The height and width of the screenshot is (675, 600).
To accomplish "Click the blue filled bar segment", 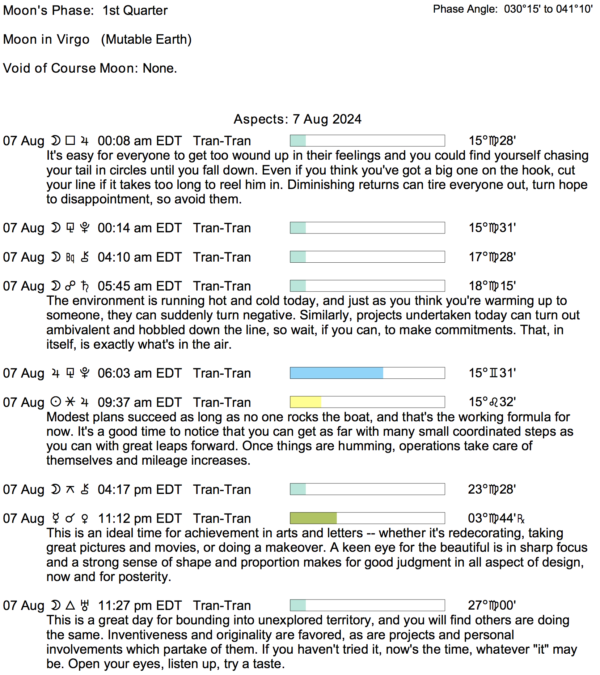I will pyautogui.click(x=337, y=373).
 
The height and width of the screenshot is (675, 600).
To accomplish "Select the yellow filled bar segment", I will pyautogui.click(x=306, y=402).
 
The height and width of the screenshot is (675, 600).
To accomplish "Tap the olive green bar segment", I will pyautogui.click(x=313, y=518).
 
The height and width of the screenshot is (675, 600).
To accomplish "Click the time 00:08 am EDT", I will pyautogui.click(x=139, y=141).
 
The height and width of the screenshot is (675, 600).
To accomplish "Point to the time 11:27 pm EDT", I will pyautogui.click(x=139, y=605).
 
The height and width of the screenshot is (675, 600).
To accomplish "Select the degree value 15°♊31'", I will pyautogui.click(x=492, y=373).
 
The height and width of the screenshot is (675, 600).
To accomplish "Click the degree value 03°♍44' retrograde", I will pyautogui.click(x=496, y=518).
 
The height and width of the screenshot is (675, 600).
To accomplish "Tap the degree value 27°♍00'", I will pyautogui.click(x=492, y=605).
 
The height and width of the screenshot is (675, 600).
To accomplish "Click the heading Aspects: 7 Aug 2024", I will pyautogui.click(x=297, y=119).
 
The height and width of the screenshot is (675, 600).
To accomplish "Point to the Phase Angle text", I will pyautogui.click(x=512, y=9).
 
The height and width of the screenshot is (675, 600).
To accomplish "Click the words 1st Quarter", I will pyautogui.click(x=135, y=10).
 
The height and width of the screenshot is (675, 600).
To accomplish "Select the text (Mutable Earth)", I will pyautogui.click(x=146, y=39).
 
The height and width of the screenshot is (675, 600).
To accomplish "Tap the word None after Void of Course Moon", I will pyautogui.click(x=160, y=68).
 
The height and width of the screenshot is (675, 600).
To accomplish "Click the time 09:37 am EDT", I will pyautogui.click(x=139, y=402).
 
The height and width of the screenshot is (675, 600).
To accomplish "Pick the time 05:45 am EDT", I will pyautogui.click(x=139, y=286).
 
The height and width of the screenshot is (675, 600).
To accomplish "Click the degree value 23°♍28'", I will pyautogui.click(x=492, y=489).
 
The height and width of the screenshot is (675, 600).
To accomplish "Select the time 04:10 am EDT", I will pyautogui.click(x=139, y=257).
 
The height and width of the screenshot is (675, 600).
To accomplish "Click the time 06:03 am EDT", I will pyautogui.click(x=139, y=373).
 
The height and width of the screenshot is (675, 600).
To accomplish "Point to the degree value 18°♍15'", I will pyautogui.click(x=492, y=286).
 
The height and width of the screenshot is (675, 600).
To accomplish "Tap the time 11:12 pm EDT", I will pyautogui.click(x=139, y=518).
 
